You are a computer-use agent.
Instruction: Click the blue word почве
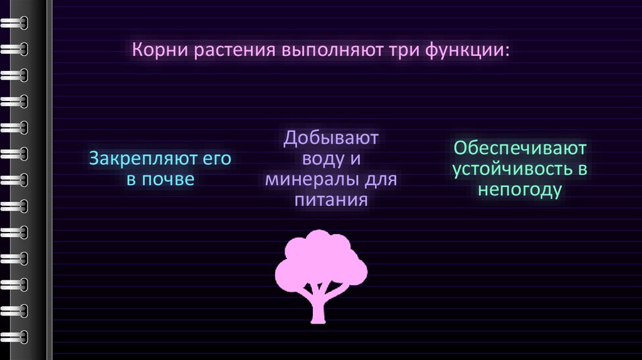click(169, 180)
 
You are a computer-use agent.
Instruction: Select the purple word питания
click(331, 201)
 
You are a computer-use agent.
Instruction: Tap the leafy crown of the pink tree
click(321, 257)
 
